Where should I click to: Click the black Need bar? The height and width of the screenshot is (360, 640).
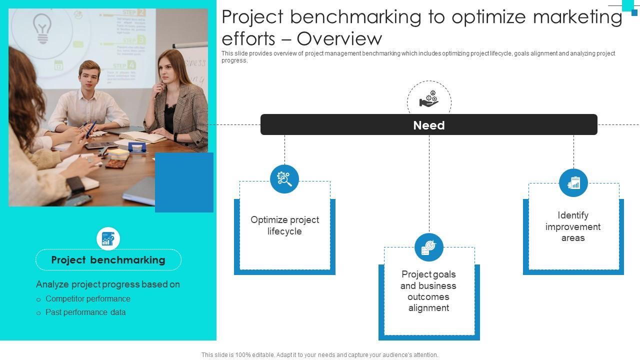click(428, 125)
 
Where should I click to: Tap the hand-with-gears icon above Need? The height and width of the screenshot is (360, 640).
click(429, 99)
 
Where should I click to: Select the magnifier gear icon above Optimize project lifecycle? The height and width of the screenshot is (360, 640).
click(284, 179)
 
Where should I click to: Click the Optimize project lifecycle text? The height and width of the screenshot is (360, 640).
click(284, 225)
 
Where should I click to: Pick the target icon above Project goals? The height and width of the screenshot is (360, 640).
click(429, 247)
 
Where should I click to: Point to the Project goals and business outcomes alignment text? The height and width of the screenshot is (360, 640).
click(428, 291)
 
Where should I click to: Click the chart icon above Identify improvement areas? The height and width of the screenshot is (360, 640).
click(573, 183)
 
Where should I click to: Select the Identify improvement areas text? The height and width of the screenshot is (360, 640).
click(573, 226)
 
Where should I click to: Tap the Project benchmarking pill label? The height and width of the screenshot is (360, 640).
click(108, 260)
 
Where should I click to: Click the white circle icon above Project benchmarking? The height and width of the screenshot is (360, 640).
click(108, 238)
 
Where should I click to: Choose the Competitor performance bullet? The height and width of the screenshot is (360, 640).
click(88, 298)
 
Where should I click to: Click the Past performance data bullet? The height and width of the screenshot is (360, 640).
click(85, 312)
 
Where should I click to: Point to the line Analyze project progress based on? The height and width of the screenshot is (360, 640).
click(108, 284)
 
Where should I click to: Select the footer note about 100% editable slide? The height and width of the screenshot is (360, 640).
click(320, 355)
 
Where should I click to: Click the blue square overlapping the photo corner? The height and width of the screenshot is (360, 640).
click(184, 182)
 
